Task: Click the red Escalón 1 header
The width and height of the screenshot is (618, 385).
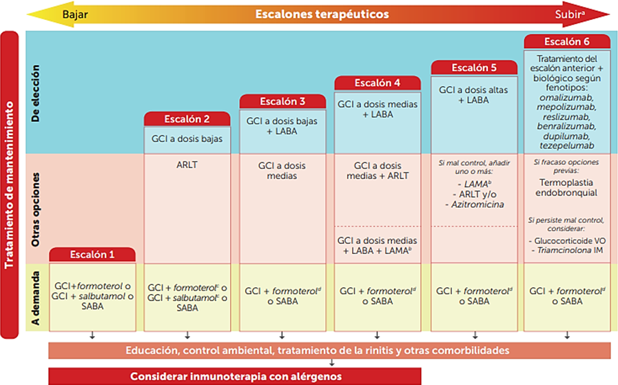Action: point(92,254)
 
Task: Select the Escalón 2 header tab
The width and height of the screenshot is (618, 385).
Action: point(187,118)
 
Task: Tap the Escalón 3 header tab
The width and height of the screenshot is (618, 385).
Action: point(282,101)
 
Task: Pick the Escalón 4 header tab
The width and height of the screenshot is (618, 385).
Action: point(378,83)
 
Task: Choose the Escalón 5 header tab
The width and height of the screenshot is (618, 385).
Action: point(474,67)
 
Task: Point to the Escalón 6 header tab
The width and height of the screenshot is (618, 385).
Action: point(567,41)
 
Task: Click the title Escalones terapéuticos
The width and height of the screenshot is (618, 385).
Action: point(321,14)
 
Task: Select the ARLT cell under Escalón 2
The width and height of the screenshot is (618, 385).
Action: point(187,165)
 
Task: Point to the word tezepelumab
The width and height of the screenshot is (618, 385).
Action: point(567,147)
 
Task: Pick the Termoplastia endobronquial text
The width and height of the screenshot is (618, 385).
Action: point(567,189)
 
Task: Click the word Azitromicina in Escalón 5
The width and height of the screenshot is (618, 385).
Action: point(474,205)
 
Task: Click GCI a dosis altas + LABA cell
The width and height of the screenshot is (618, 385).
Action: point(474,94)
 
